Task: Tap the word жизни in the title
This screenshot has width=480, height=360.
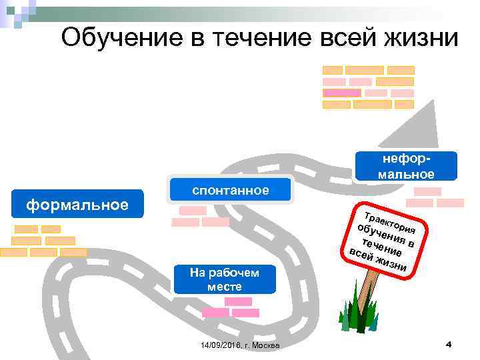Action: (x=420, y=37)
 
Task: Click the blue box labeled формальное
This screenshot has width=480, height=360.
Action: (x=77, y=204)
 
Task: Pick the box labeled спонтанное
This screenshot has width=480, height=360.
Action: (x=231, y=190)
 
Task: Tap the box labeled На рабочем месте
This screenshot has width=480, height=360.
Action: (x=224, y=279)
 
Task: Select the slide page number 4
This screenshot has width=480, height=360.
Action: (x=449, y=344)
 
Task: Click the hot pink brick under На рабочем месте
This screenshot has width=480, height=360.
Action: (x=215, y=312)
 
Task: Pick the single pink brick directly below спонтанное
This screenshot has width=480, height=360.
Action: (x=193, y=210)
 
